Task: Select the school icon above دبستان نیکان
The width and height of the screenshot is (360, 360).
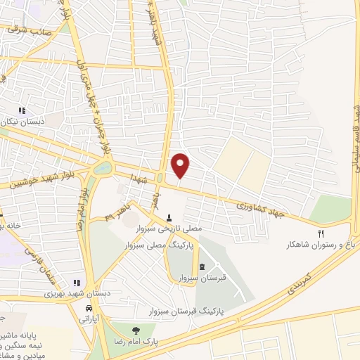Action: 22,110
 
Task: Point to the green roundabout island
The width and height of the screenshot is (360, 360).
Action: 102,169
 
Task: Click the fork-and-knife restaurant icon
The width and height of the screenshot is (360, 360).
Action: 321,233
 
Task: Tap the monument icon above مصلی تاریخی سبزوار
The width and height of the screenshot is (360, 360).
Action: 169,217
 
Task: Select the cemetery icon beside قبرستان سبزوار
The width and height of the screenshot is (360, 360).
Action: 203,266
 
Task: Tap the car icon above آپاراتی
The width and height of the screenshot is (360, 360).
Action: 88,309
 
